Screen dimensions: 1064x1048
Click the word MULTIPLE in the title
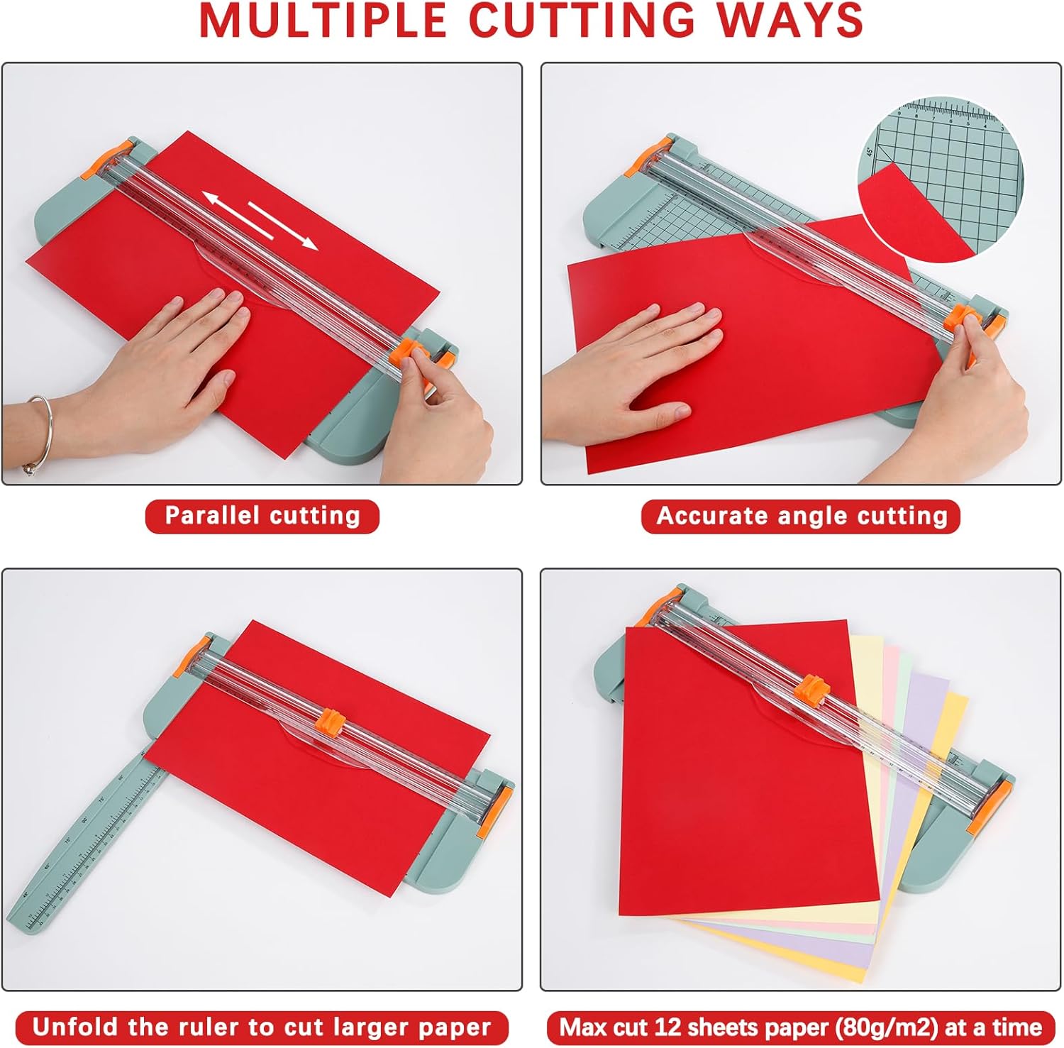click(x=322, y=21)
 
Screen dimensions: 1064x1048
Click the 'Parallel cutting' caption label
click(x=262, y=516)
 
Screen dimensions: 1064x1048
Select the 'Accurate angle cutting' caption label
click(x=801, y=516)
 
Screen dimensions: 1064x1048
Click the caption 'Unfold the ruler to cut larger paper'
click(x=262, y=1027)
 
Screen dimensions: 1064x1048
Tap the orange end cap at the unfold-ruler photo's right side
click(x=500, y=807)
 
